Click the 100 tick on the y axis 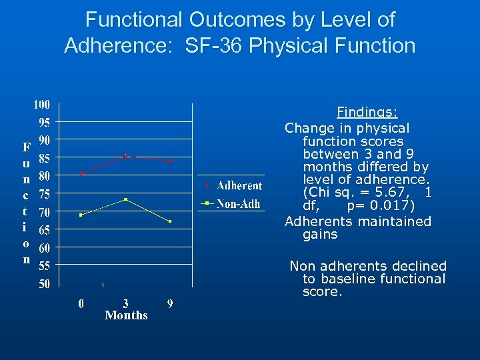tap(42, 105)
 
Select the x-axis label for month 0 tap(81, 303)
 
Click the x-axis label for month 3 tap(125, 303)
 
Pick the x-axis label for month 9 tap(170, 303)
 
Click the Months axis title tap(126, 315)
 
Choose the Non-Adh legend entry tap(238, 203)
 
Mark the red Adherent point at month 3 tap(125, 156)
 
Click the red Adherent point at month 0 tap(81, 173)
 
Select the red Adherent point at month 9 tap(170, 161)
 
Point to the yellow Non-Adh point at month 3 tap(125, 199)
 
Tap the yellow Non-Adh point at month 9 tap(170, 221)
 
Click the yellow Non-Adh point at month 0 tap(81, 215)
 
